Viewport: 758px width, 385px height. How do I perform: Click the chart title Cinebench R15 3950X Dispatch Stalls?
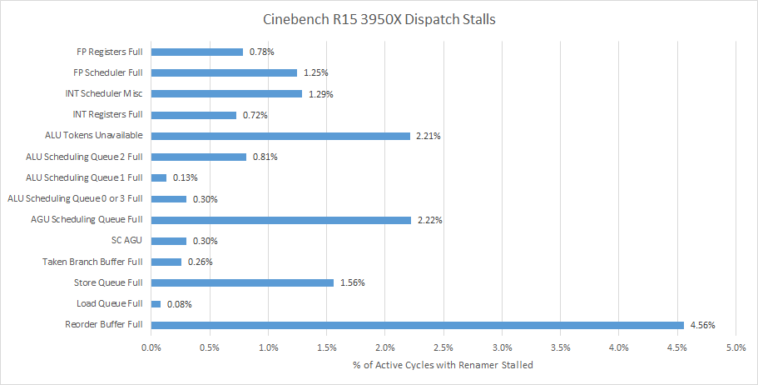tap(378, 18)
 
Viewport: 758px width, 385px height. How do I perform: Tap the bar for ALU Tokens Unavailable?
tap(281, 135)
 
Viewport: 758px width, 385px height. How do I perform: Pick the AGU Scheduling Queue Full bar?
tap(281, 220)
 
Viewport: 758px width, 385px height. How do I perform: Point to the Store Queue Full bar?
tap(242, 282)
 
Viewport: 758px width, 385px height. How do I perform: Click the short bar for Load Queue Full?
tap(156, 304)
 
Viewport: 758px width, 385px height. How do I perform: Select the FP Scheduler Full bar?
tap(224, 72)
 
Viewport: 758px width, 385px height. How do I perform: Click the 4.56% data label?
tap(703, 325)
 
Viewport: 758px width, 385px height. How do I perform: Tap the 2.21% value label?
tap(429, 136)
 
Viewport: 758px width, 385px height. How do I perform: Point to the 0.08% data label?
tap(180, 304)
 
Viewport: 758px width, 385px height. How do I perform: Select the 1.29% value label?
tap(320, 94)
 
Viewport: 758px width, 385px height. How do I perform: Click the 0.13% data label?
tap(185, 177)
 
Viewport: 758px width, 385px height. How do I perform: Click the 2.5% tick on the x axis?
tap(443, 347)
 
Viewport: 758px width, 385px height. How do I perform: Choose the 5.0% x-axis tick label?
tap(736, 347)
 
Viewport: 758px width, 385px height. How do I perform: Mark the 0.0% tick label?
tap(151, 347)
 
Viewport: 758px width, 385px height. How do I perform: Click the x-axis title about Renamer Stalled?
tap(443, 364)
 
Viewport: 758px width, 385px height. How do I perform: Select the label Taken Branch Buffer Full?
tap(93, 262)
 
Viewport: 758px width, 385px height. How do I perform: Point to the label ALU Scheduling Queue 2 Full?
tap(84, 156)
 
